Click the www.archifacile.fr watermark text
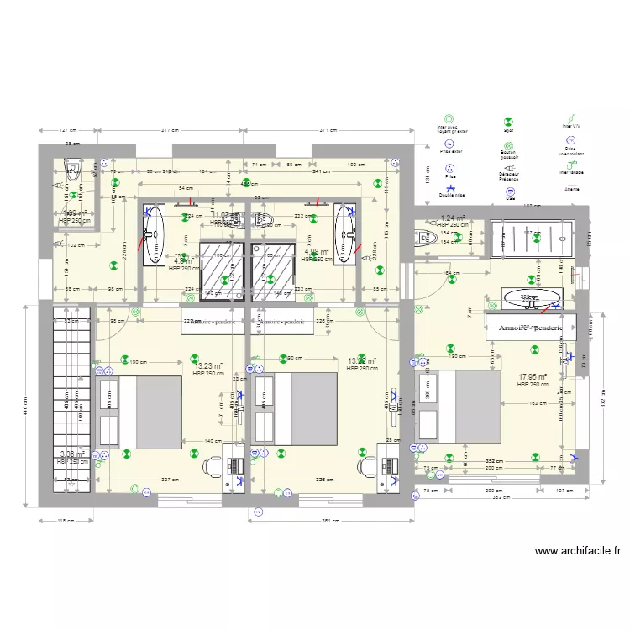pyautogui.click(x=578, y=552)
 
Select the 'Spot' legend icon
pyautogui.click(x=509, y=121)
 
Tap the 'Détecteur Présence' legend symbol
pyautogui.click(x=509, y=166)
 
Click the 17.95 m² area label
pyautogui.click(x=533, y=377)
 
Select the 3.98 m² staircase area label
pyautogui.click(x=72, y=454)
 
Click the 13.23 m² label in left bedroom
pyautogui.click(x=208, y=366)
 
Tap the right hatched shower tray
pyautogui.click(x=275, y=270)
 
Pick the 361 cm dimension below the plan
pyautogui.click(x=330, y=521)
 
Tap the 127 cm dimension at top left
pyautogui.click(x=68, y=130)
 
